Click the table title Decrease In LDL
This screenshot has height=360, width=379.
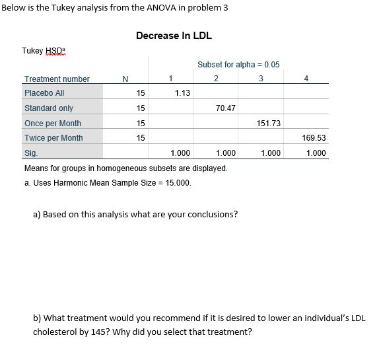[x=174, y=36]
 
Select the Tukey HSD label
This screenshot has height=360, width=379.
[x=41, y=51]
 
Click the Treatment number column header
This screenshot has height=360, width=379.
[x=57, y=79]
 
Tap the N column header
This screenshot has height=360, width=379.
[x=125, y=79]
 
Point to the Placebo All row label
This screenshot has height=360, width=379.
[x=44, y=93]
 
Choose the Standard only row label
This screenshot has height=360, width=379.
[x=49, y=108]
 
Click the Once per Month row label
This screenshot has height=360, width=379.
[x=53, y=124]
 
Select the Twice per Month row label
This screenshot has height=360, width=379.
[x=53, y=138]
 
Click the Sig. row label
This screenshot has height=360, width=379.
[x=31, y=153]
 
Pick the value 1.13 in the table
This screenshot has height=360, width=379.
[x=183, y=93]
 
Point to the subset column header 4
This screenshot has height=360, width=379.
[x=305, y=79]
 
